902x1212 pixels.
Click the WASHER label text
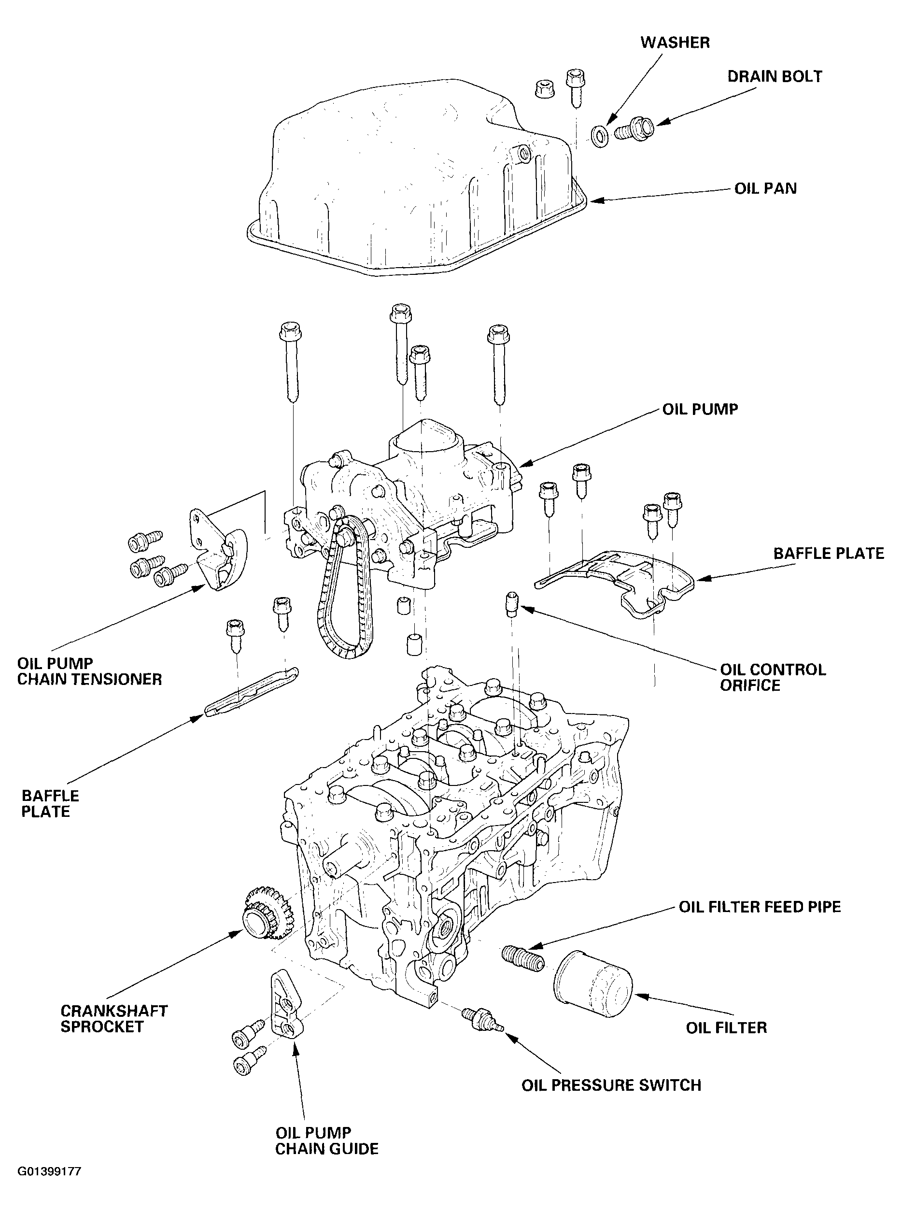click(x=675, y=43)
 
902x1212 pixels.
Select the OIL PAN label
click(x=765, y=188)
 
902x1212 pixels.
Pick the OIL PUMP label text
click(x=700, y=410)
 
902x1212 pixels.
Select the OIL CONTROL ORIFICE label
click(x=773, y=677)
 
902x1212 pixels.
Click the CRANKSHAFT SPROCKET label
click(x=113, y=1019)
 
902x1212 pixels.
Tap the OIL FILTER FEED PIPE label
click(x=760, y=907)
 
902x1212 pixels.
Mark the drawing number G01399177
click(x=49, y=1171)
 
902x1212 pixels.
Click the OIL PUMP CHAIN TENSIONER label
click(x=89, y=671)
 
